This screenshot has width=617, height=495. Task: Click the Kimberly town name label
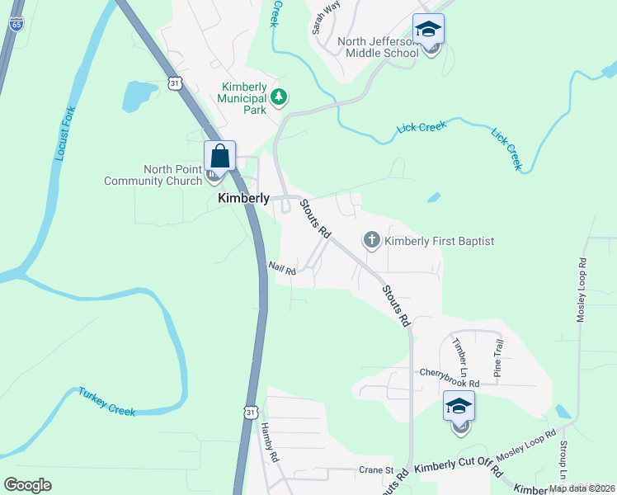[243, 199]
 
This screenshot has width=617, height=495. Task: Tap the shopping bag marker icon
[220, 155]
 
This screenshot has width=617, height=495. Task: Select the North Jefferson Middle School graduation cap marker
[428, 30]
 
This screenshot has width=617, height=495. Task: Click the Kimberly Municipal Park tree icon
[280, 98]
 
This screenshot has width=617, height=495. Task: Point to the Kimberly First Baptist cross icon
[372, 241]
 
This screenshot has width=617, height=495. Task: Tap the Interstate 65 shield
[16, 24]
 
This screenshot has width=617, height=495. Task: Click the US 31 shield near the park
[172, 82]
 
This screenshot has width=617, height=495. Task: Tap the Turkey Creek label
[107, 401]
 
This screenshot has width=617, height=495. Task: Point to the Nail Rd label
[281, 267]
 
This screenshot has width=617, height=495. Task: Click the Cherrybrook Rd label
[449, 373]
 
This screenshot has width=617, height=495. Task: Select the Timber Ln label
[460, 351]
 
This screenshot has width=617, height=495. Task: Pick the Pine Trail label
[497, 358]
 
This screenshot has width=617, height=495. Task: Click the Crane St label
[376, 469]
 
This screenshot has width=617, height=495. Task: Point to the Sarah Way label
[326, 17]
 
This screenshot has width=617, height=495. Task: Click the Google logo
[27, 485]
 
